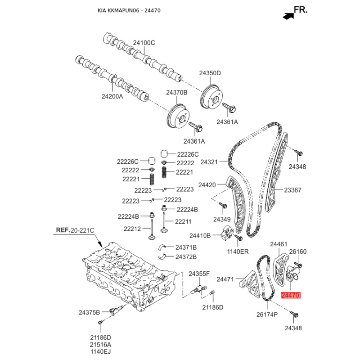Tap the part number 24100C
[x=144, y=43]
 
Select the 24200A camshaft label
[x=112, y=96]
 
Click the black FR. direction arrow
[x=285, y=15]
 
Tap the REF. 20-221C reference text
[x=75, y=230]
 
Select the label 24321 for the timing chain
[x=209, y=162]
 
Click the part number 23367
[x=292, y=190]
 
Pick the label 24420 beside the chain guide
[x=207, y=184]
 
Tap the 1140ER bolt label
[x=238, y=251]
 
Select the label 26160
[x=297, y=252]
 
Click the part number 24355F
[x=199, y=274]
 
